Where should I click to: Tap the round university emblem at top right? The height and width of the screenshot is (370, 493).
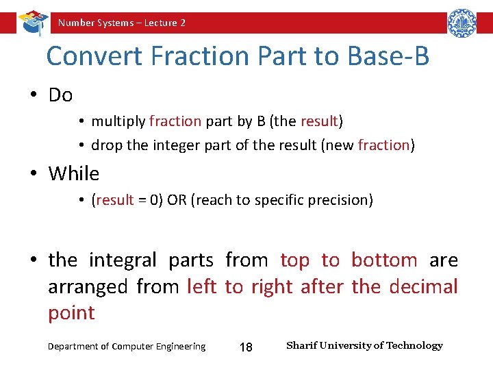point(462,23)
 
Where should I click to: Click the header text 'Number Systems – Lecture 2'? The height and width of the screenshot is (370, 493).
point(122,23)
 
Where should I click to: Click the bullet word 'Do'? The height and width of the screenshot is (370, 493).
point(60,95)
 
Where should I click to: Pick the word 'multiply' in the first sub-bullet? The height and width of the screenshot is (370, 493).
point(118,121)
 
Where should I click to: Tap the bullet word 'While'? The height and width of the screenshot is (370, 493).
point(73,174)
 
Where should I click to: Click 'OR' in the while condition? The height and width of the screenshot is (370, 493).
point(177,200)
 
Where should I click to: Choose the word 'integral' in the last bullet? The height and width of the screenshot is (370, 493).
point(123,260)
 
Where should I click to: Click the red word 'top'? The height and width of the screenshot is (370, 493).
point(295,260)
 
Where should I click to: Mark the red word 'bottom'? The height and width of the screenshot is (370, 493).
point(384,260)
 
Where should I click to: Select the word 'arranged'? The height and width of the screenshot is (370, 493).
point(88,286)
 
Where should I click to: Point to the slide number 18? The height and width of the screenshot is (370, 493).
point(245,347)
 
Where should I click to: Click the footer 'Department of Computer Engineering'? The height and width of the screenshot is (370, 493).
point(127,347)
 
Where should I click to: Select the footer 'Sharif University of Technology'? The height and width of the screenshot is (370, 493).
point(364,345)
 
